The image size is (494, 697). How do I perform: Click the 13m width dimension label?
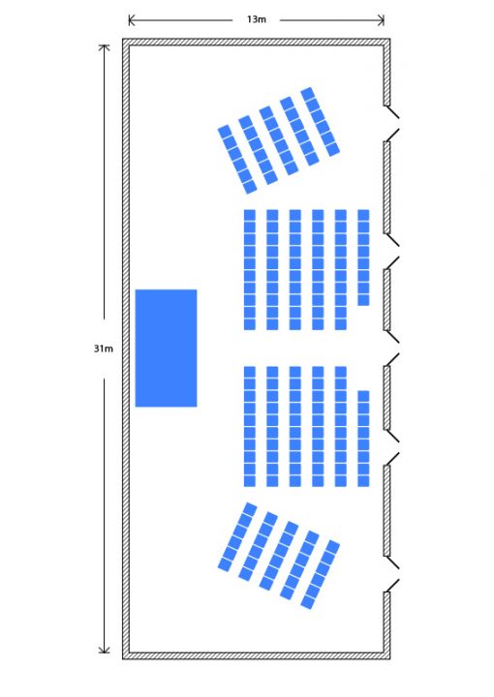click(256, 19)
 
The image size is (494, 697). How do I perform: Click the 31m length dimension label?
click(103, 348)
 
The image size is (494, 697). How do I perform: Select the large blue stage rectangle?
click(166, 348)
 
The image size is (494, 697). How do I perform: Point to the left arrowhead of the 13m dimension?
click(132, 20)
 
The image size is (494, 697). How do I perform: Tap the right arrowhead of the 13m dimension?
click(381, 20)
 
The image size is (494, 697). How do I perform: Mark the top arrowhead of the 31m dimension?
click(104, 48)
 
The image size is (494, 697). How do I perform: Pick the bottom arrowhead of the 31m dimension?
click(104, 650)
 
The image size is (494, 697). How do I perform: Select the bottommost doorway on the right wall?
click(391, 574)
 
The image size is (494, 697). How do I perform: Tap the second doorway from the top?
click(391, 251)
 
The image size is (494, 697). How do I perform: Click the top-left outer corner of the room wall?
click(123, 39)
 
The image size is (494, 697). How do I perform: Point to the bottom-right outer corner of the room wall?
click(390, 658)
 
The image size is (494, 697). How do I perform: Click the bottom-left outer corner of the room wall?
click(123, 658)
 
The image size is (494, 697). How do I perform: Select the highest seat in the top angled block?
click(308, 94)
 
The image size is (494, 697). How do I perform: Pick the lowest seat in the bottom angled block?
click(308, 602)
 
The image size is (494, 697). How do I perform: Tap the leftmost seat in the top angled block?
click(225, 132)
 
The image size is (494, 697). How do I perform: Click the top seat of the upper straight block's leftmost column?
click(250, 215)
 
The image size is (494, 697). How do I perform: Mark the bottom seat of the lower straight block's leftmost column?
click(250, 481)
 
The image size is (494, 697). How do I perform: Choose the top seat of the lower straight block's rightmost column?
click(363, 396)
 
